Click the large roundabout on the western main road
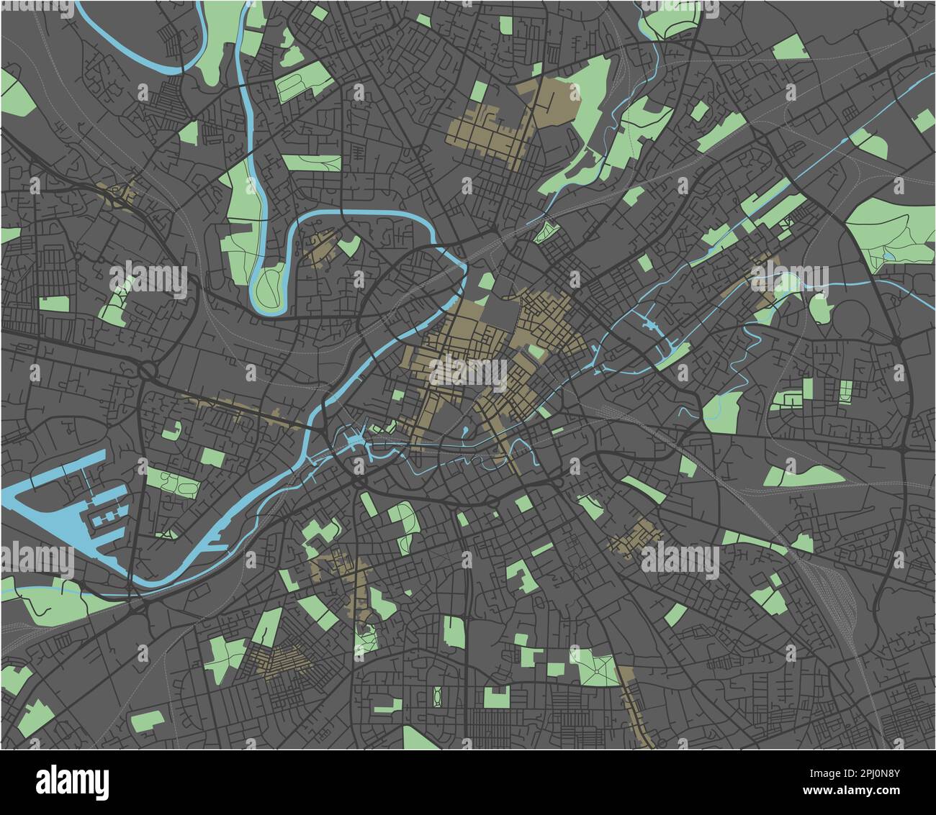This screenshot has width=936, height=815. pos(149,371)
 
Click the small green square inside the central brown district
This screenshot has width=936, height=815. pos(536,351)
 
